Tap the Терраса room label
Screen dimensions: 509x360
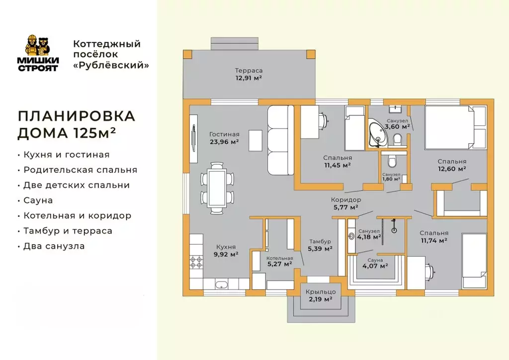(x=249, y=71)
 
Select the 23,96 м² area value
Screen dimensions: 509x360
(x=224, y=142)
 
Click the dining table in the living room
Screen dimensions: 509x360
(x=217, y=188)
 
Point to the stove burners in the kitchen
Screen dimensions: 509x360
(x=196, y=262)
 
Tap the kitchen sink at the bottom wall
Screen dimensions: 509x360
(x=222, y=285)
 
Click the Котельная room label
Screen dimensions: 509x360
(x=279, y=258)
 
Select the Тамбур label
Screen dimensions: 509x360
(x=320, y=241)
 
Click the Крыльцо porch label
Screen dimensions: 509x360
(x=321, y=292)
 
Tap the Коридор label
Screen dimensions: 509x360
(x=346, y=199)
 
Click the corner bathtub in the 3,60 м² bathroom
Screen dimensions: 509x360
(x=377, y=133)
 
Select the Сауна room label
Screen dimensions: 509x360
(x=375, y=260)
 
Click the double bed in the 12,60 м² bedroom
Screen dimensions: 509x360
(x=455, y=127)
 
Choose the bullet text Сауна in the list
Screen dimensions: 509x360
(x=38, y=200)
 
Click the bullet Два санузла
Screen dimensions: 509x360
(x=54, y=246)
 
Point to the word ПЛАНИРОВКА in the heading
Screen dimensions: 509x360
(x=76, y=116)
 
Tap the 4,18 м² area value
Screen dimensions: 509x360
(x=369, y=237)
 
